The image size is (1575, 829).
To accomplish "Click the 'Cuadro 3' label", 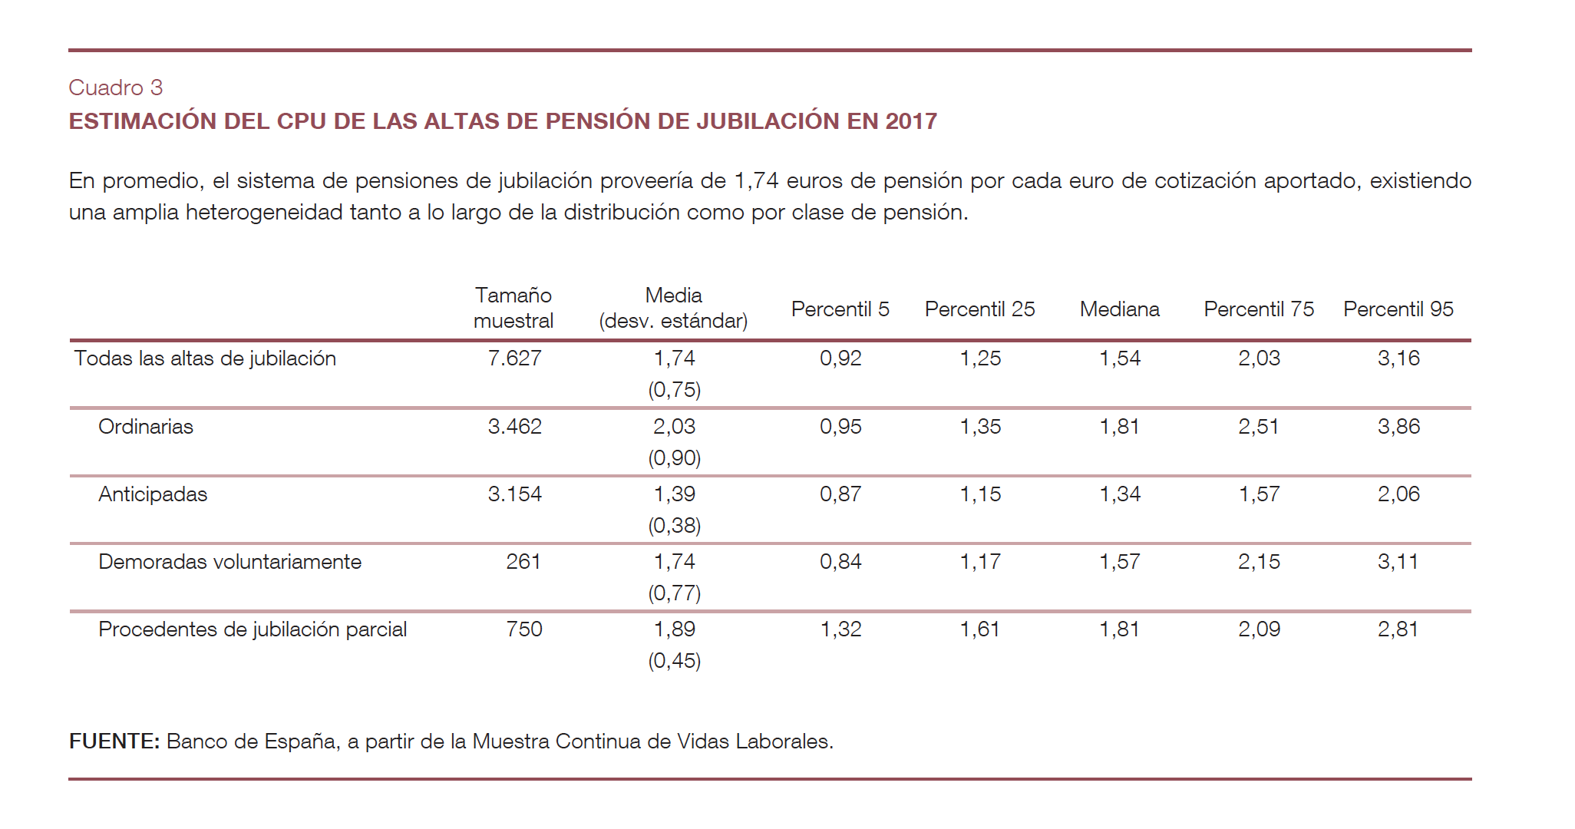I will (x=116, y=88).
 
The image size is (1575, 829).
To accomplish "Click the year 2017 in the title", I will (x=911, y=121).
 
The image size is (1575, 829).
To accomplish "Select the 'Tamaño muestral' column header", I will (x=513, y=308).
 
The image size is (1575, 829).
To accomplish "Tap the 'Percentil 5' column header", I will (x=840, y=309).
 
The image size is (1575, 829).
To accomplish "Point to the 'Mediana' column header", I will (x=1119, y=309).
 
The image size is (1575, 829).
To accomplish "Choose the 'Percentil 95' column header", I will (x=1398, y=309).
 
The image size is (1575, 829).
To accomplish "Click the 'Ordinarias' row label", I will (x=146, y=427).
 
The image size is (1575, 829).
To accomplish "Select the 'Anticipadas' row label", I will (x=153, y=494).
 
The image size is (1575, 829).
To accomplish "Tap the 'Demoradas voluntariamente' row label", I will (x=229, y=562).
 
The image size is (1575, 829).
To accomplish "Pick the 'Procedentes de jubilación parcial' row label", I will (x=253, y=629).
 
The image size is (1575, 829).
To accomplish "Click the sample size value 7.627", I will (x=514, y=358).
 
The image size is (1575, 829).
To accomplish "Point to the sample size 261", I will (x=523, y=562).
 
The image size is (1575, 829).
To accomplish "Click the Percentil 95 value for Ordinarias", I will (x=1398, y=427).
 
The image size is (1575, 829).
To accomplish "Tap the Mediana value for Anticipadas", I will (x=1120, y=494).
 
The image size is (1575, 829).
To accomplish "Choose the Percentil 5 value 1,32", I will (x=840, y=629).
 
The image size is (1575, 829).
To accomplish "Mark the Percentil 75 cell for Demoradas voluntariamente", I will (x=1259, y=562).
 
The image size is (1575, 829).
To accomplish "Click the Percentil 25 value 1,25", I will (x=980, y=358).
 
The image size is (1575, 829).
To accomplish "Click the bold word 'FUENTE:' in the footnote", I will (x=114, y=741).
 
